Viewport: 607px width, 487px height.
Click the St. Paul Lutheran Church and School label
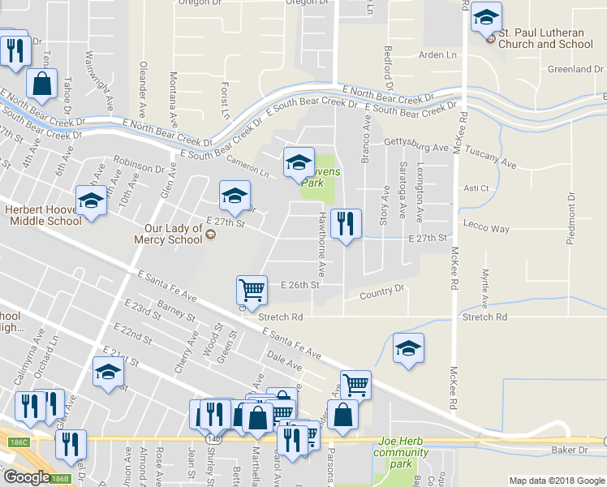pos(545,39)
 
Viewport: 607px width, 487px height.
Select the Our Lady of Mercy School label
pos(172,234)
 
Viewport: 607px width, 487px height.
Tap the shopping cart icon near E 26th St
pos(252,290)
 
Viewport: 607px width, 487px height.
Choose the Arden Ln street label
pos(437,55)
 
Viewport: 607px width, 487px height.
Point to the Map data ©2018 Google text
pos(556,481)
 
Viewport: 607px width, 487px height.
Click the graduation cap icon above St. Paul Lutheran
pos(487,17)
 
